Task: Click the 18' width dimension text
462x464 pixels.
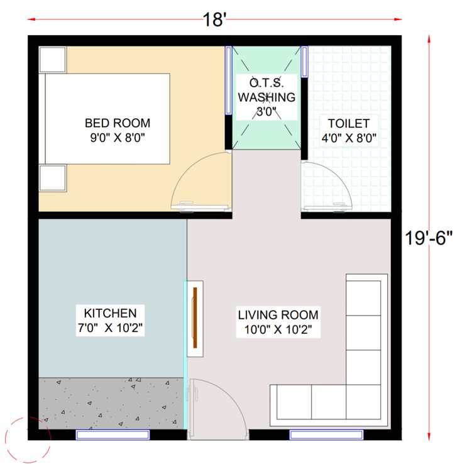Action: pyautogui.click(x=214, y=19)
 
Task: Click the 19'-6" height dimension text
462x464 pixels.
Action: pyautogui.click(x=429, y=239)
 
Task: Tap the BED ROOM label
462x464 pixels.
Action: pyautogui.click(x=118, y=123)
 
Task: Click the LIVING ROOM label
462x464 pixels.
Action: pyautogui.click(x=278, y=314)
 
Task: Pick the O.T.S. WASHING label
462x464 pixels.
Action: pyautogui.click(x=265, y=91)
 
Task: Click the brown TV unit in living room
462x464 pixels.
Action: pyautogui.click(x=195, y=317)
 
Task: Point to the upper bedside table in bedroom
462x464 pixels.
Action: pyautogui.click(x=53, y=59)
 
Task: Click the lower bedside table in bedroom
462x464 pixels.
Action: pyautogui.click(x=53, y=177)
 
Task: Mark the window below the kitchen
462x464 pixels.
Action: pyautogui.click(x=113, y=434)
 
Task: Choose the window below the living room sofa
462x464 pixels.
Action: pyautogui.click(x=326, y=434)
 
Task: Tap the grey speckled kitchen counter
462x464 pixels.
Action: pyautogui.click(x=112, y=403)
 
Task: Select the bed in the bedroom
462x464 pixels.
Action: pyautogui.click(x=107, y=118)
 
